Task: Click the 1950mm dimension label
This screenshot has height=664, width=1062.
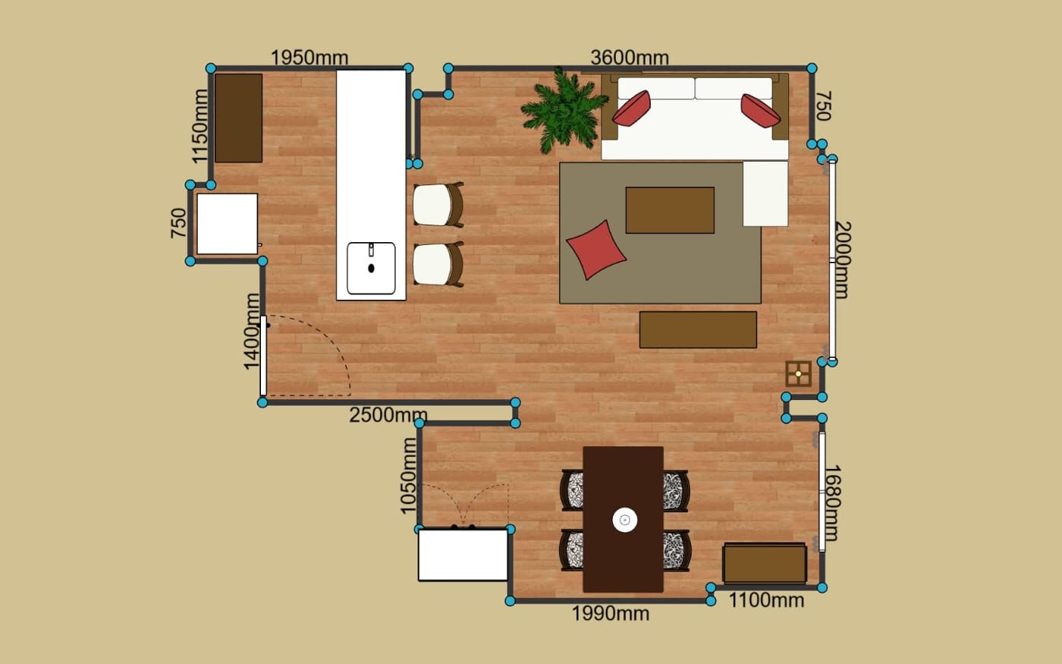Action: pyautogui.click(x=309, y=58)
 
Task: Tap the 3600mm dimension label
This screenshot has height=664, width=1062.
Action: pyautogui.click(x=630, y=58)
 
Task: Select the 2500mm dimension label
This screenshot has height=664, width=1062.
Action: pyautogui.click(x=388, y=415)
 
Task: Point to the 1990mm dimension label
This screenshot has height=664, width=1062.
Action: pyautogui.click(x=611, y=614)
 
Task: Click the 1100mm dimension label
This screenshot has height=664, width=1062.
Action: pyautogui.click(x=766, y=600)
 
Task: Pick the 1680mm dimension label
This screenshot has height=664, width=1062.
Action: pyautogui.click(x=833, y=502)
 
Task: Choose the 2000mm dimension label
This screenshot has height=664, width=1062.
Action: pyautogui.click(x=843, y=260)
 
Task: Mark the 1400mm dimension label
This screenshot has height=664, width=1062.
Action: pyautogui.click(x=252, y=332)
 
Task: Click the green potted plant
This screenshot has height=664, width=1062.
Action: pyautogui.click(x=564, y=111)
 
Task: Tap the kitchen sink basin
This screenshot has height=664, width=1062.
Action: pyautogui.click(x=371, y=269)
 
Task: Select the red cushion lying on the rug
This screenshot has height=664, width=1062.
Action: pyautogui.click(x=596, y=250)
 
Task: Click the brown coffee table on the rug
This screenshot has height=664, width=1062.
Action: pyautogui.click(x=670, y=210)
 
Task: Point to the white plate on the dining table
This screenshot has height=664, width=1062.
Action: pyautogui.click(x=625, y=520)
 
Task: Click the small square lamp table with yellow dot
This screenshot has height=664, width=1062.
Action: pyautogui.click(x=798, y=373)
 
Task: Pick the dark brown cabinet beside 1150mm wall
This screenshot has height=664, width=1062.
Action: pyautogui.click(x=238, y=118)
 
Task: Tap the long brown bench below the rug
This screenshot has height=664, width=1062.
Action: pyautogui.click(x=698, y=329)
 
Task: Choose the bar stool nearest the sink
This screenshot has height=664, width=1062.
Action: pyautogui.click(x=438, y=264)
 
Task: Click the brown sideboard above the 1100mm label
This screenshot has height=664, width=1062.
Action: pyautogui.click(x=765, y=563)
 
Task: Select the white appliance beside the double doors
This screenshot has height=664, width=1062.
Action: pyautogui.click(x=463, y=555)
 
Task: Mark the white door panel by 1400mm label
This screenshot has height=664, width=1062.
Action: pyautogui.click(x=263, y=356)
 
